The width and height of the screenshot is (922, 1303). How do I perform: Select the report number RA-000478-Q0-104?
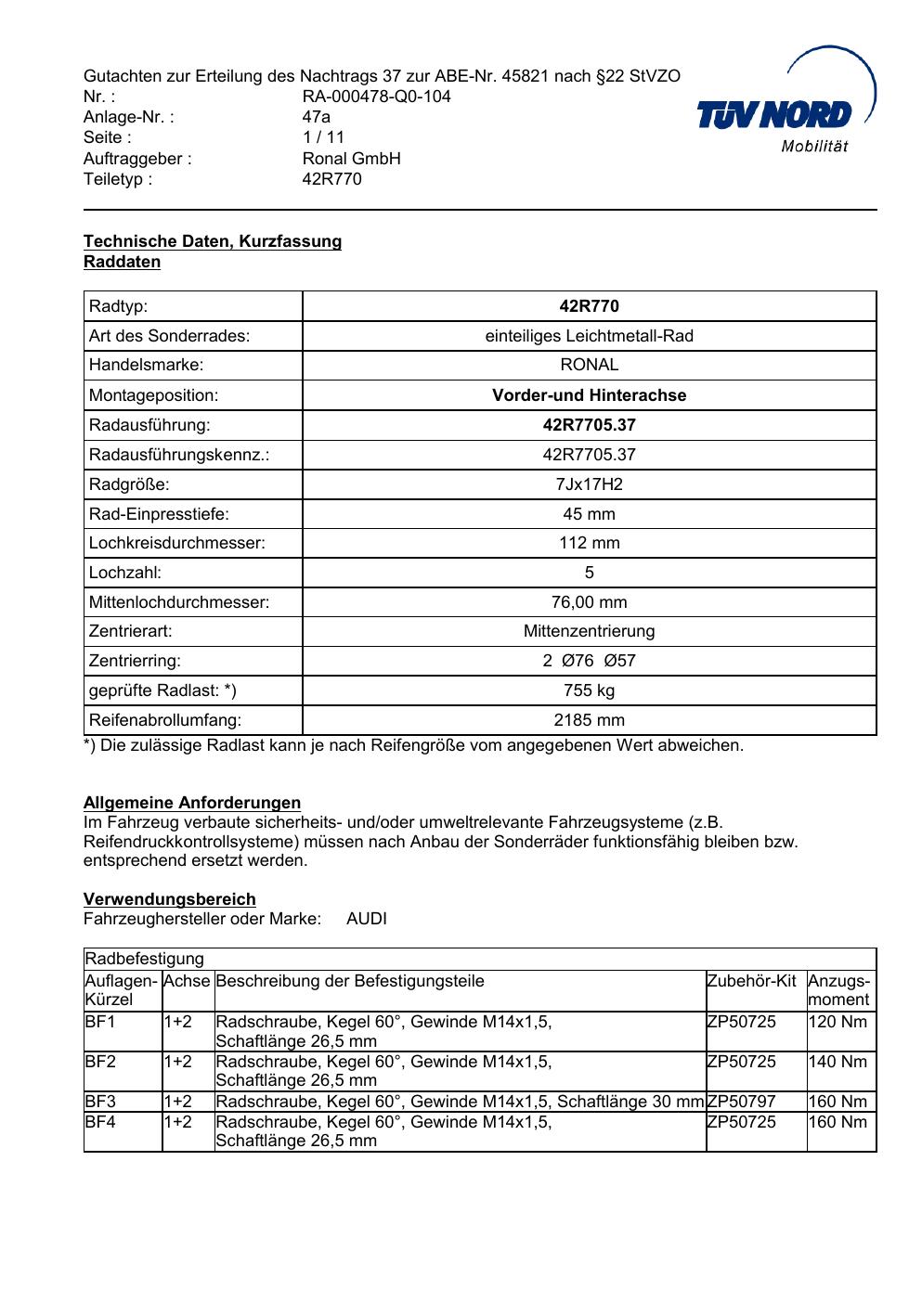pos(376,97)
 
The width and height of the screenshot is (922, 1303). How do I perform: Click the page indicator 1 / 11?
pos(323,137)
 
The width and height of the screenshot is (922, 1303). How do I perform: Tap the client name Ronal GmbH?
pos(351,158)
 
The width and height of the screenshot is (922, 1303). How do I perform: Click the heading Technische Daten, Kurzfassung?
pos(213,241)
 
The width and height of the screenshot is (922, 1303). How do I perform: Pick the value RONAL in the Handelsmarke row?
pos(589,365)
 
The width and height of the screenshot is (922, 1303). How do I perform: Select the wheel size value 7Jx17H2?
pos(589,484)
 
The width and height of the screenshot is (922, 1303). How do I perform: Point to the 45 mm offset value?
pos(589,514)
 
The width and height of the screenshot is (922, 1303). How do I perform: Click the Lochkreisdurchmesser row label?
pos(176,543)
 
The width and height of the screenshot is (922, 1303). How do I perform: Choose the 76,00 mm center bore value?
pos(589,602)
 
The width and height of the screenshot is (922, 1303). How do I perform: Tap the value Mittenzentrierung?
pos(589,631)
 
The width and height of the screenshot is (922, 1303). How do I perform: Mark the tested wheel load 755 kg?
pos(589,690)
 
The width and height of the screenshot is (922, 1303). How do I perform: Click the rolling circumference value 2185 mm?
pos(589,720)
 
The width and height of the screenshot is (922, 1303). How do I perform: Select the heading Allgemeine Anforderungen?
pos(192,803)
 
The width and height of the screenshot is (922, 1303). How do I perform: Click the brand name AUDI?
pos(367,919)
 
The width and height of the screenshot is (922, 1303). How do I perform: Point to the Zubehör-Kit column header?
pos(751,981)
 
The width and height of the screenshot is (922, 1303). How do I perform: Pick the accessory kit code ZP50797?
pos(741,1102)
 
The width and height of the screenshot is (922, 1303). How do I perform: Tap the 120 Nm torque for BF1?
pos(838,1022)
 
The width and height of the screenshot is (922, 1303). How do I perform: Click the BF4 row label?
pos(99,1122)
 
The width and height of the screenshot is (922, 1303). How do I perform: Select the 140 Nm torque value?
pos(838,1062)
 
